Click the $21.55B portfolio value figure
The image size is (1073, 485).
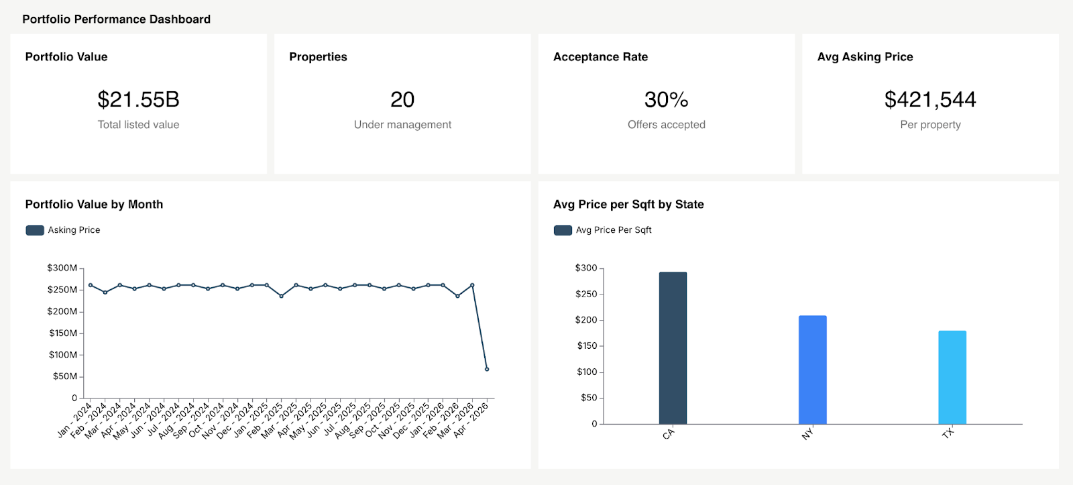click(x=138, y=99)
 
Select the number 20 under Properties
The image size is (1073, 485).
click(x=402, y=99)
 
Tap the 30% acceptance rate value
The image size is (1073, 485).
click(x=666, y=99)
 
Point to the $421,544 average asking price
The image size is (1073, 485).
click(x=930, y=99)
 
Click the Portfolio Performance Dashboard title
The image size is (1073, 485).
click(x=116, y=19)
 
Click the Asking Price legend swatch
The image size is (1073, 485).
click(x=35, y=230)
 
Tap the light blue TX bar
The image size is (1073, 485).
click(x=952, y=377)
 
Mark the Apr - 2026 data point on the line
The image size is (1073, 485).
click(x=487, y=369)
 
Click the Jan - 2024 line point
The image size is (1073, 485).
click(x=91, y=285)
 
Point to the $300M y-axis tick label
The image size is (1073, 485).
click(x=62, y=268)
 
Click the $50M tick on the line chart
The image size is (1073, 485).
click(x=64, y=376)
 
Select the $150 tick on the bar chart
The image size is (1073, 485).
click(x=587, y=345)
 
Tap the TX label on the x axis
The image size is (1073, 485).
click(x=948, y=433)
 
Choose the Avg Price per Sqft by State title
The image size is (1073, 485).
click(x=628, y=204)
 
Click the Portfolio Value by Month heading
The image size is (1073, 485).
click(x=94, y=204)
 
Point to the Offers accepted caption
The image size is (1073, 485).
click(x=666, y=125)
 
